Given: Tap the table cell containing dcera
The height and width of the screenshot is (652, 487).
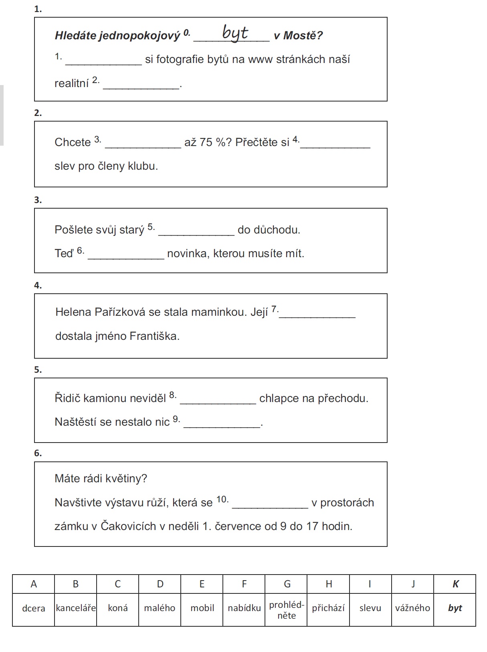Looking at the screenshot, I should pyautogui.click(x=34, y=608).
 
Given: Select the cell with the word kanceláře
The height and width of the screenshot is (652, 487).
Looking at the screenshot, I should pyautogui.click(x=76, y=608).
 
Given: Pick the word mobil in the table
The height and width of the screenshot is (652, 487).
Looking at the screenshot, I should pyautogui.click(x=202, y=608).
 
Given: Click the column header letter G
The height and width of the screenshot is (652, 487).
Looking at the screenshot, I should pyautogui.click(x=287, y=584).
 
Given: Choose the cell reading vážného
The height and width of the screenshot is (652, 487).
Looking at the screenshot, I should pyautogui.click(x=412, y=608).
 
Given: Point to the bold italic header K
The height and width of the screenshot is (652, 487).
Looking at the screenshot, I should pyautogui.click(x=455, y=584).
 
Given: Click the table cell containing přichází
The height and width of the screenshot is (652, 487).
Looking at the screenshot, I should pyautogui.click(x=328, y=608).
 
